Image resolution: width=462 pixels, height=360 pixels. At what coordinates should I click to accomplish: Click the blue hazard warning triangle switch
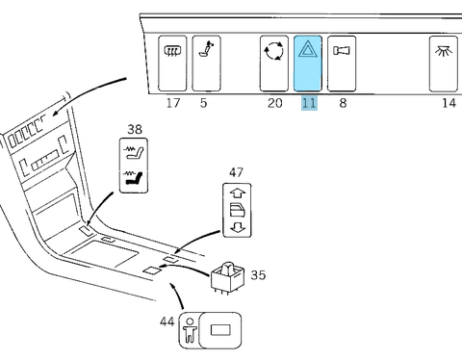[x=308, y=64]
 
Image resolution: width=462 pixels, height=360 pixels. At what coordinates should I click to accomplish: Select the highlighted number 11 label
[x=309, y=103]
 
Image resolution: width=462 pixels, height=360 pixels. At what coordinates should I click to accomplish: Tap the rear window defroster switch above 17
[x=172, y=64]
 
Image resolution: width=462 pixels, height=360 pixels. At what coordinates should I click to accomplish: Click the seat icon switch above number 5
[x=206, y=64]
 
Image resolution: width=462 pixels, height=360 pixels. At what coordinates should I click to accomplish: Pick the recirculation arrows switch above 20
[x=274, y=64]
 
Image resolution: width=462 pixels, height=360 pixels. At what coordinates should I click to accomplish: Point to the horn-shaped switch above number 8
[x=342, y=64]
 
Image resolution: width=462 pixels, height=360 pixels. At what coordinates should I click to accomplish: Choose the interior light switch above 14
[x=444, y=64]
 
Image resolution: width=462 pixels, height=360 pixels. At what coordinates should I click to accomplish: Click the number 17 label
[x=173, y=103]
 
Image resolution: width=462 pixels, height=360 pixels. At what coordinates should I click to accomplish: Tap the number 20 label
[x=275, y=103]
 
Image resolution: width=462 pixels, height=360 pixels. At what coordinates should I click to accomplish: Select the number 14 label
[x=449, y=103]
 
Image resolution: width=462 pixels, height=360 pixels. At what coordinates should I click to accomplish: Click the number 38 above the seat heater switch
[x=135, y=129]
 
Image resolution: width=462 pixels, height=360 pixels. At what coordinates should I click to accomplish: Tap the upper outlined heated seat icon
[x=134, y=152]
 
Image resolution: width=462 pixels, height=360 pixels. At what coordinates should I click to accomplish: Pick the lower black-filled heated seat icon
[x=134, y=177]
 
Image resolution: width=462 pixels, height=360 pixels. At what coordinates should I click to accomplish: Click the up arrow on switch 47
[x=238, y=193]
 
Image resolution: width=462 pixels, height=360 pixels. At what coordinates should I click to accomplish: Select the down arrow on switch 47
[x=238, y=227]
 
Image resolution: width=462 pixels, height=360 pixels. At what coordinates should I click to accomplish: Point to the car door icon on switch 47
[x=238, y=210]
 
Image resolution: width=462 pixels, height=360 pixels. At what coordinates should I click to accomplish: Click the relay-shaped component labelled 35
[x=227, y=278]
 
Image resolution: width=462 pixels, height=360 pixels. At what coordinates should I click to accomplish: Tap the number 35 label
[x=258, y=275]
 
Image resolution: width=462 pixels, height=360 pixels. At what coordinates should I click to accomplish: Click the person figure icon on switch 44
[x=190, y=330]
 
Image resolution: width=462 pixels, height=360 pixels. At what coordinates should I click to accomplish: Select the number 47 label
[x=236, y=172]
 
